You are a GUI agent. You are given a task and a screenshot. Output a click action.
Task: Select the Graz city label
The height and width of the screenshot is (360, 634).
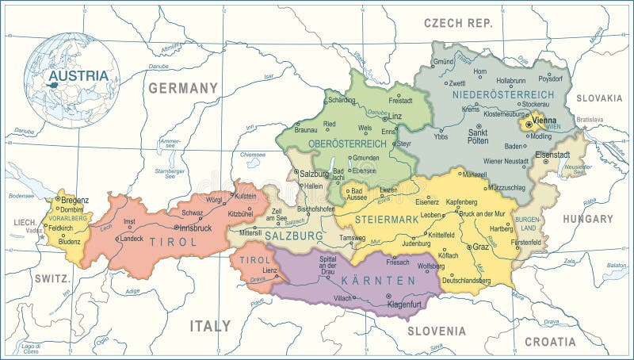(480, 247)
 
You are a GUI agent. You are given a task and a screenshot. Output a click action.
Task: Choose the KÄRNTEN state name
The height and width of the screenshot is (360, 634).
(378, 281)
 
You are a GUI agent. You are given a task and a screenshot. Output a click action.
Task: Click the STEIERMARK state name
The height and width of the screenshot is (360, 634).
(387, 218)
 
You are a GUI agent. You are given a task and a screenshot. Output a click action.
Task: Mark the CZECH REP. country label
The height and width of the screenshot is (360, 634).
(458, 24)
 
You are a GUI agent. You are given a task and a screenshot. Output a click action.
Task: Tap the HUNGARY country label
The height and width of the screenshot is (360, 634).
(587, 218)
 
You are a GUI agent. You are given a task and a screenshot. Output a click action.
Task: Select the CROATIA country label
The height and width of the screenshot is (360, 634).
(549, 342)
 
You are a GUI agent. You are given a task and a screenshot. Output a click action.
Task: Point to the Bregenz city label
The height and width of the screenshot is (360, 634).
(74, 200)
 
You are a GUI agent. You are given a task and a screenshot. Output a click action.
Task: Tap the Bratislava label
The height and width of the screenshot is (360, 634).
(590, 119)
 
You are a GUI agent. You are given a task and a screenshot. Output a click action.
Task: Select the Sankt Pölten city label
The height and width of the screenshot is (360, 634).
(478, 136)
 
